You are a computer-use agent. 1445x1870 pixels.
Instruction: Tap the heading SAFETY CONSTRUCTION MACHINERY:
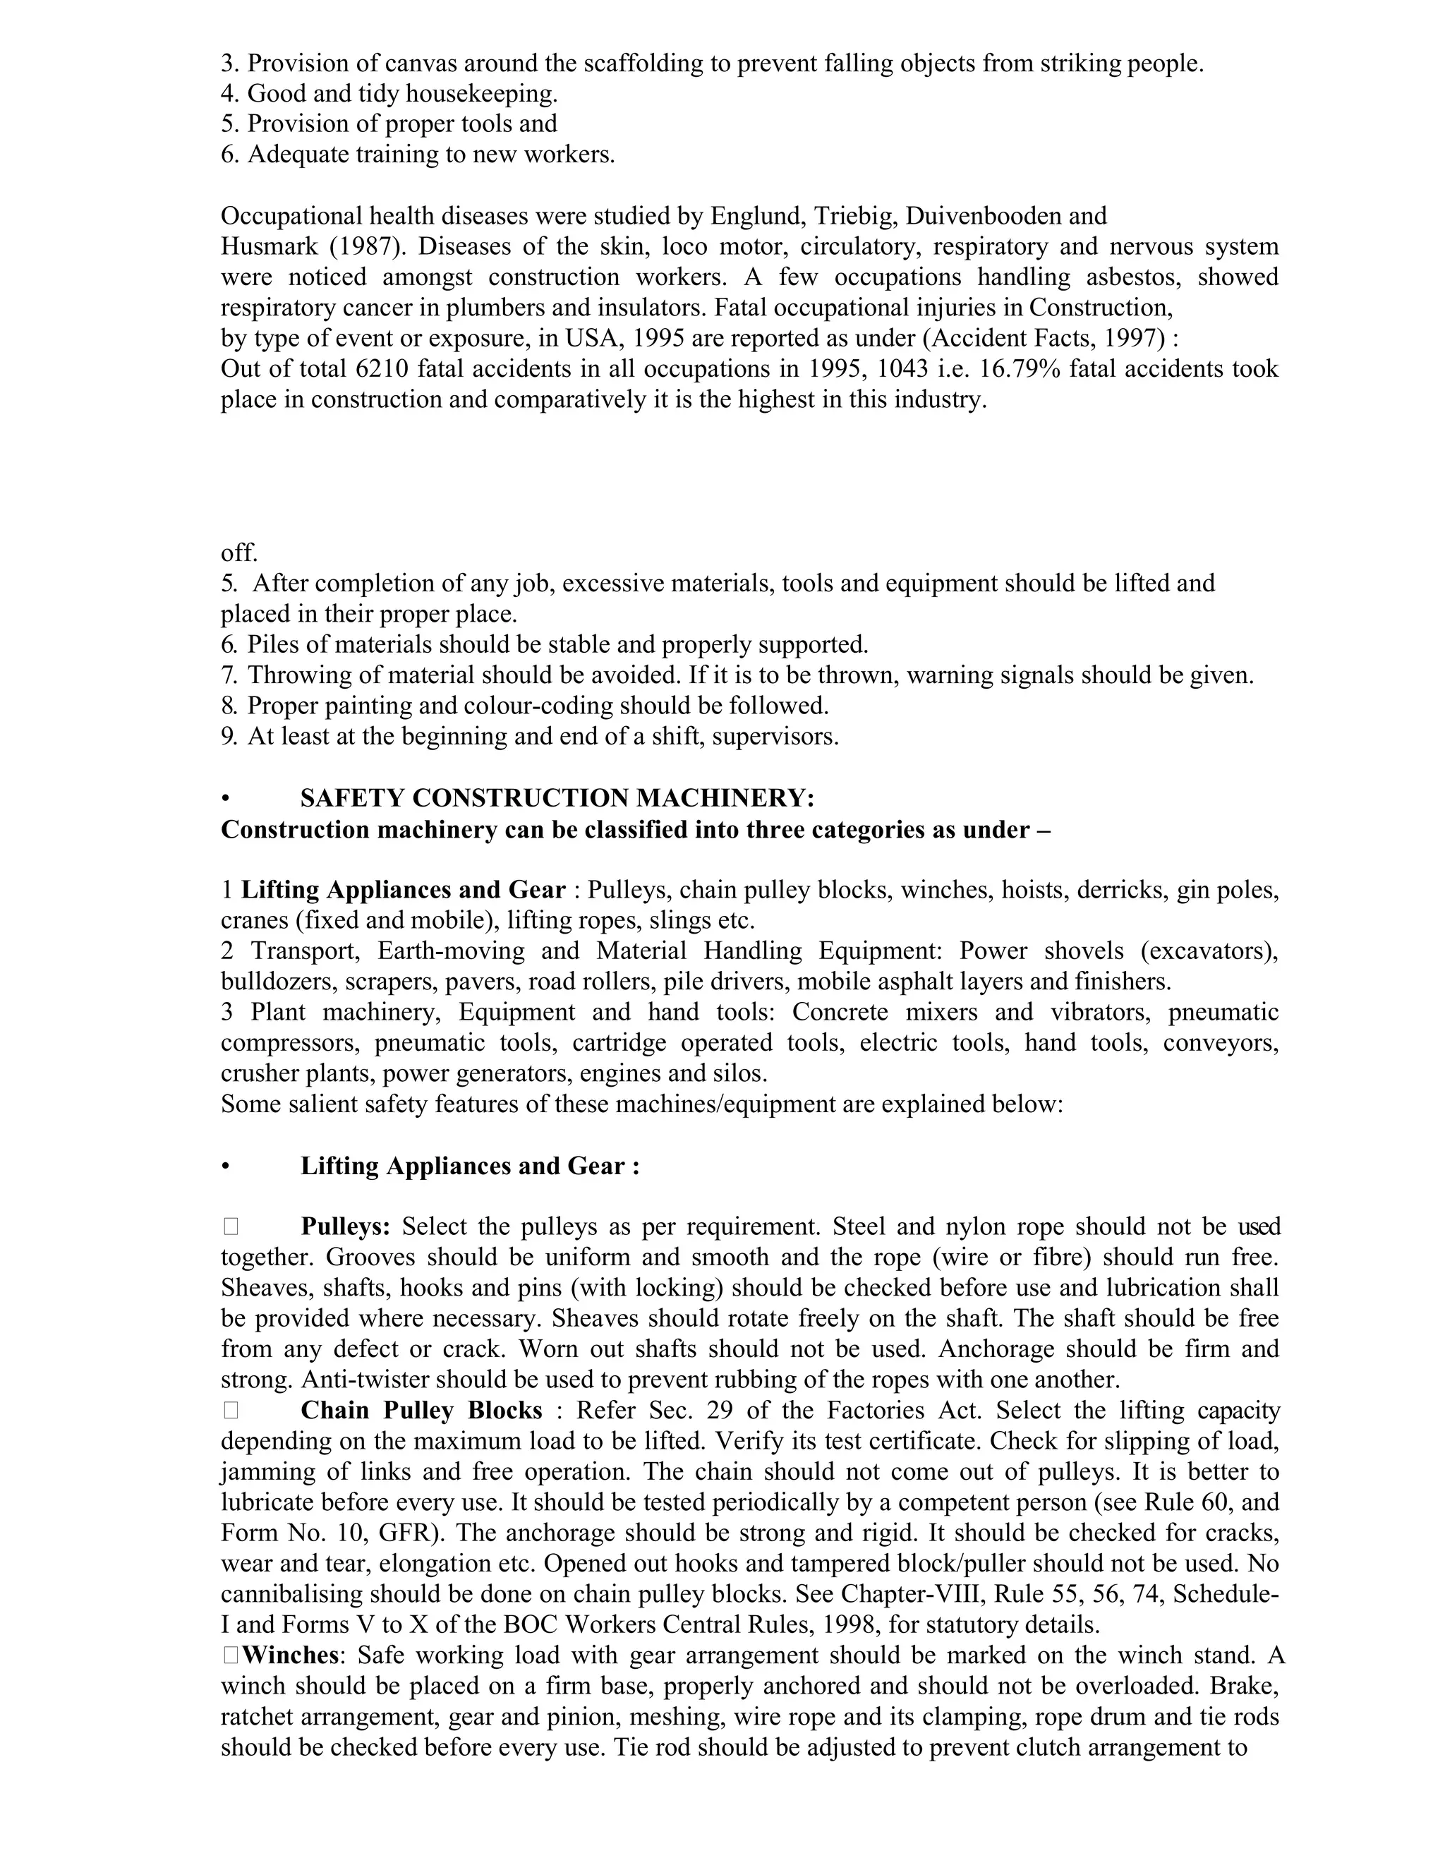(557, 799)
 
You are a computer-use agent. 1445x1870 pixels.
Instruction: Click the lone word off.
(239, 553)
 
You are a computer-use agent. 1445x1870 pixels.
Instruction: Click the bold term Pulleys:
(345, 1227)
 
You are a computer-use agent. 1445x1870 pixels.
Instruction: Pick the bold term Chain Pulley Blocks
(421, 1411)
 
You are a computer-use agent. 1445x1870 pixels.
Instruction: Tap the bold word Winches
(290, 1656)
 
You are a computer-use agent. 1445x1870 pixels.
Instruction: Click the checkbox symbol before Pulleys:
(231, 1227)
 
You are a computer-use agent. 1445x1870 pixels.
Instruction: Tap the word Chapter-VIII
(907, 1594)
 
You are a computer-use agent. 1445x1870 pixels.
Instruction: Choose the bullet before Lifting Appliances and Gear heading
(225, 1167)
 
